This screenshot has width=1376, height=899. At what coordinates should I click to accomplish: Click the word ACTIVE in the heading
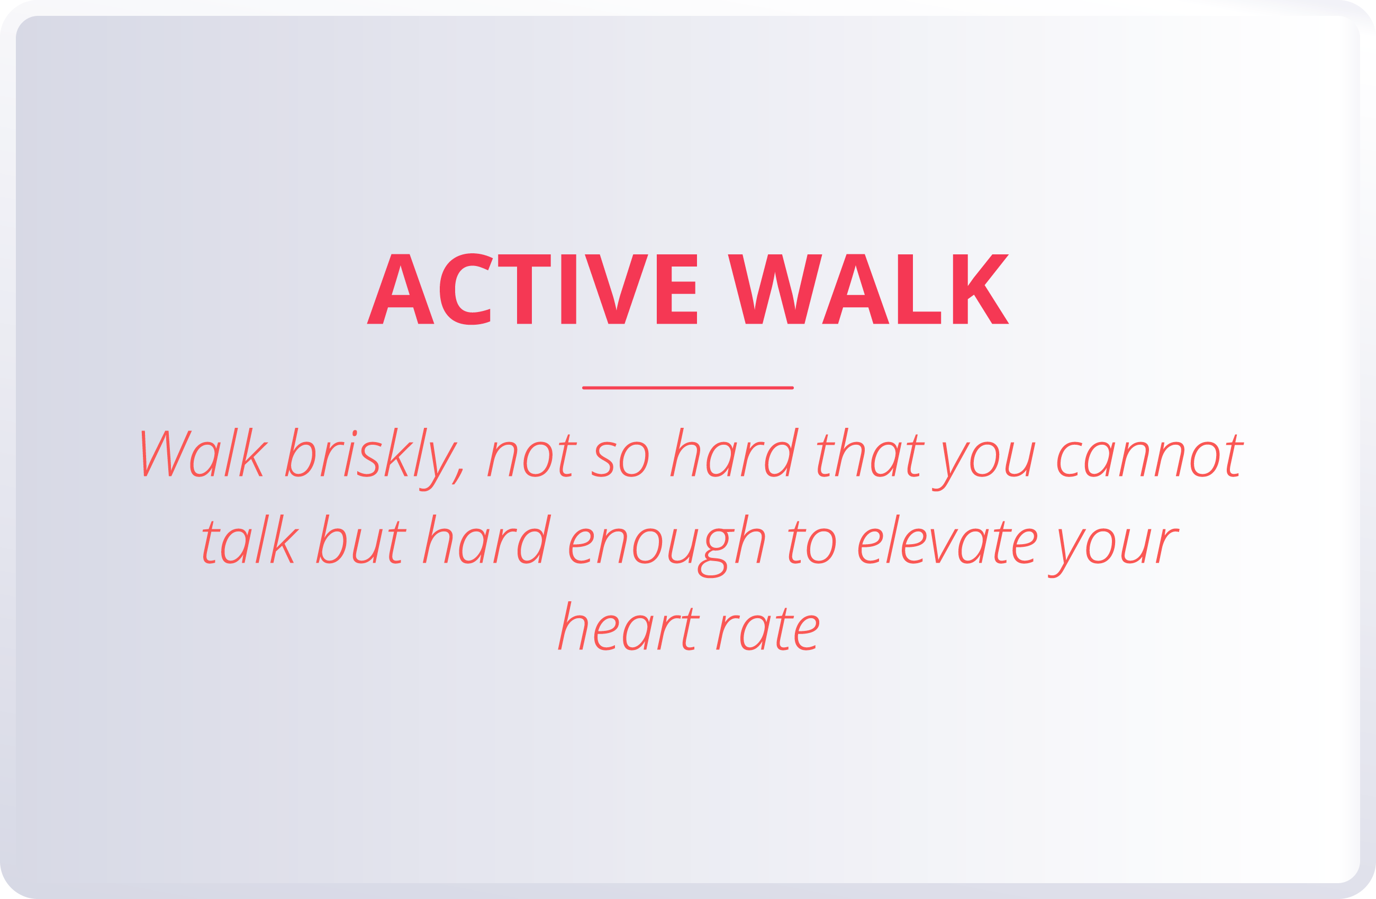tap(531, 289)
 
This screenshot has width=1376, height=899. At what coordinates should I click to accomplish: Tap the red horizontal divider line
tap(687, 388)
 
